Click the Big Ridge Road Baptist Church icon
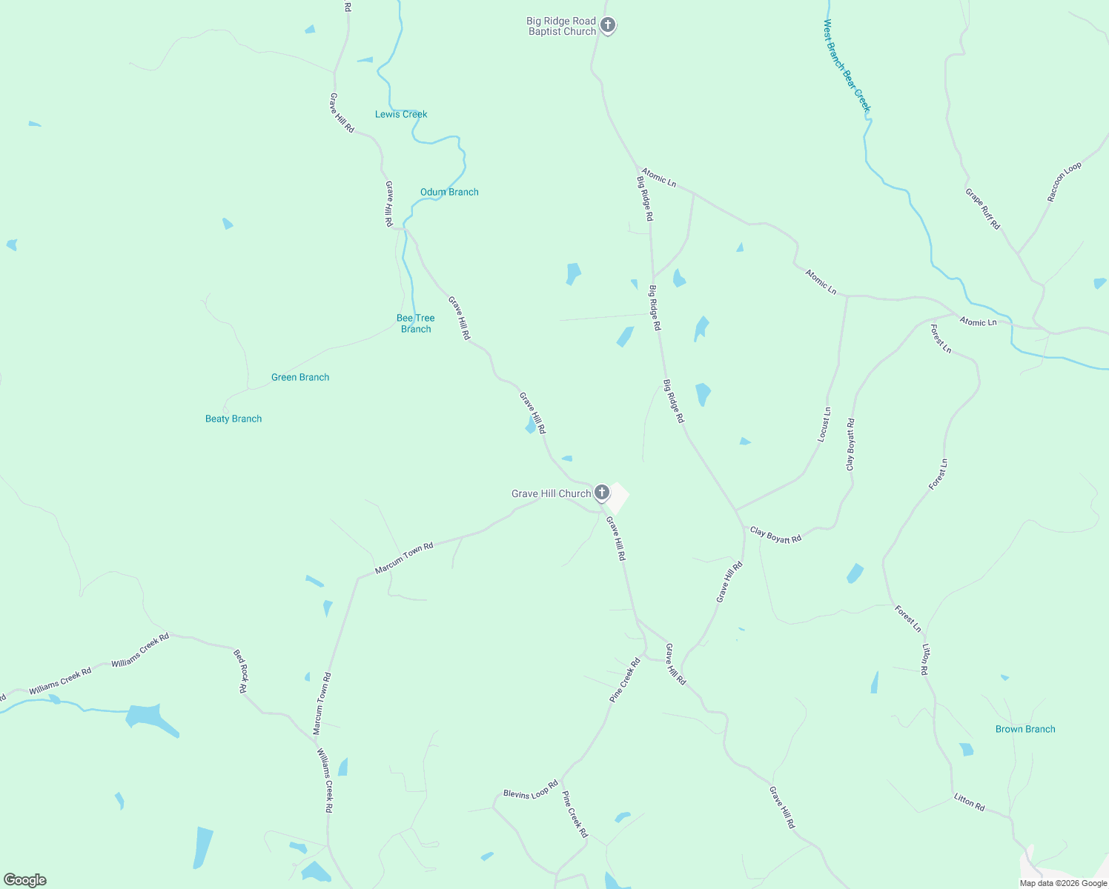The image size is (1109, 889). [x=607, y=25]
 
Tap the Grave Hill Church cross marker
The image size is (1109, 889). [x=602, y=492]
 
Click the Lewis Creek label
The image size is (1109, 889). [x=401, y=114]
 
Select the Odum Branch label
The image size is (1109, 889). [x=449, y=192]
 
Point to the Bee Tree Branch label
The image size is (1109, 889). [x=415, y=324]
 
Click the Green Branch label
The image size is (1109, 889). [x=300, y=377]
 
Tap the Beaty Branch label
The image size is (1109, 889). [x=234, y=419]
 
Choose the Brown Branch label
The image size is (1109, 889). [x=1025, y=729]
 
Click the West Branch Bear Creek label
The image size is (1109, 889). [x=847, y=65]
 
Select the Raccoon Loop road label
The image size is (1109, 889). [x=1065, y=182]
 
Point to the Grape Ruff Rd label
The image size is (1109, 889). [x=982, y=209]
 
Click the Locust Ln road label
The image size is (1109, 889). [x=824, y=425]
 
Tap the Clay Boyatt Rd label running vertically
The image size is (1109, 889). [x=850, y=444]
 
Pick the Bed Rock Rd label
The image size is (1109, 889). [x=240, y=671]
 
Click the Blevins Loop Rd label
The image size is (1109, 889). [x=530, y=790]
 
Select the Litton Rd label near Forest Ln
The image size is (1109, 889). [x=924, y=659]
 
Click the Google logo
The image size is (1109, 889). [x=24, y=880]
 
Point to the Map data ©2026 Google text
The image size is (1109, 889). [x=1063, y=883]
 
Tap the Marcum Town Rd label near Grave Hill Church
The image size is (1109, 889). [x=404, y=558]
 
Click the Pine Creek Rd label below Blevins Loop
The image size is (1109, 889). [x=575, y=815]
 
